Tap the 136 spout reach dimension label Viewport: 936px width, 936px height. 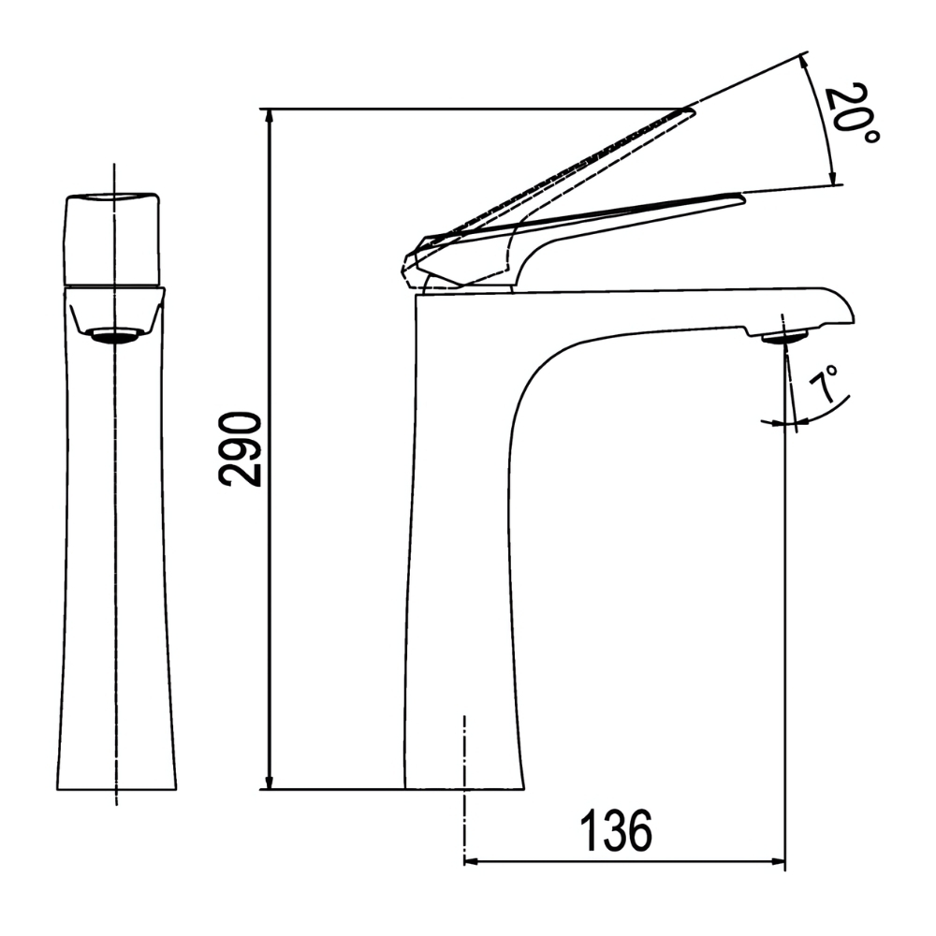tap(614, 830)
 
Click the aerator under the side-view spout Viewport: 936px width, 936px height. tap(784, 337)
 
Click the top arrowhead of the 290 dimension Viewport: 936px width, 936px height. tap(270, 116)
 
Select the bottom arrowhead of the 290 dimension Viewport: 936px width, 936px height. tap(270, 781)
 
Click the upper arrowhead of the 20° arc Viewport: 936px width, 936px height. tap(808, 62)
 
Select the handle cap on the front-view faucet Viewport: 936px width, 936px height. tap(113, 238)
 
